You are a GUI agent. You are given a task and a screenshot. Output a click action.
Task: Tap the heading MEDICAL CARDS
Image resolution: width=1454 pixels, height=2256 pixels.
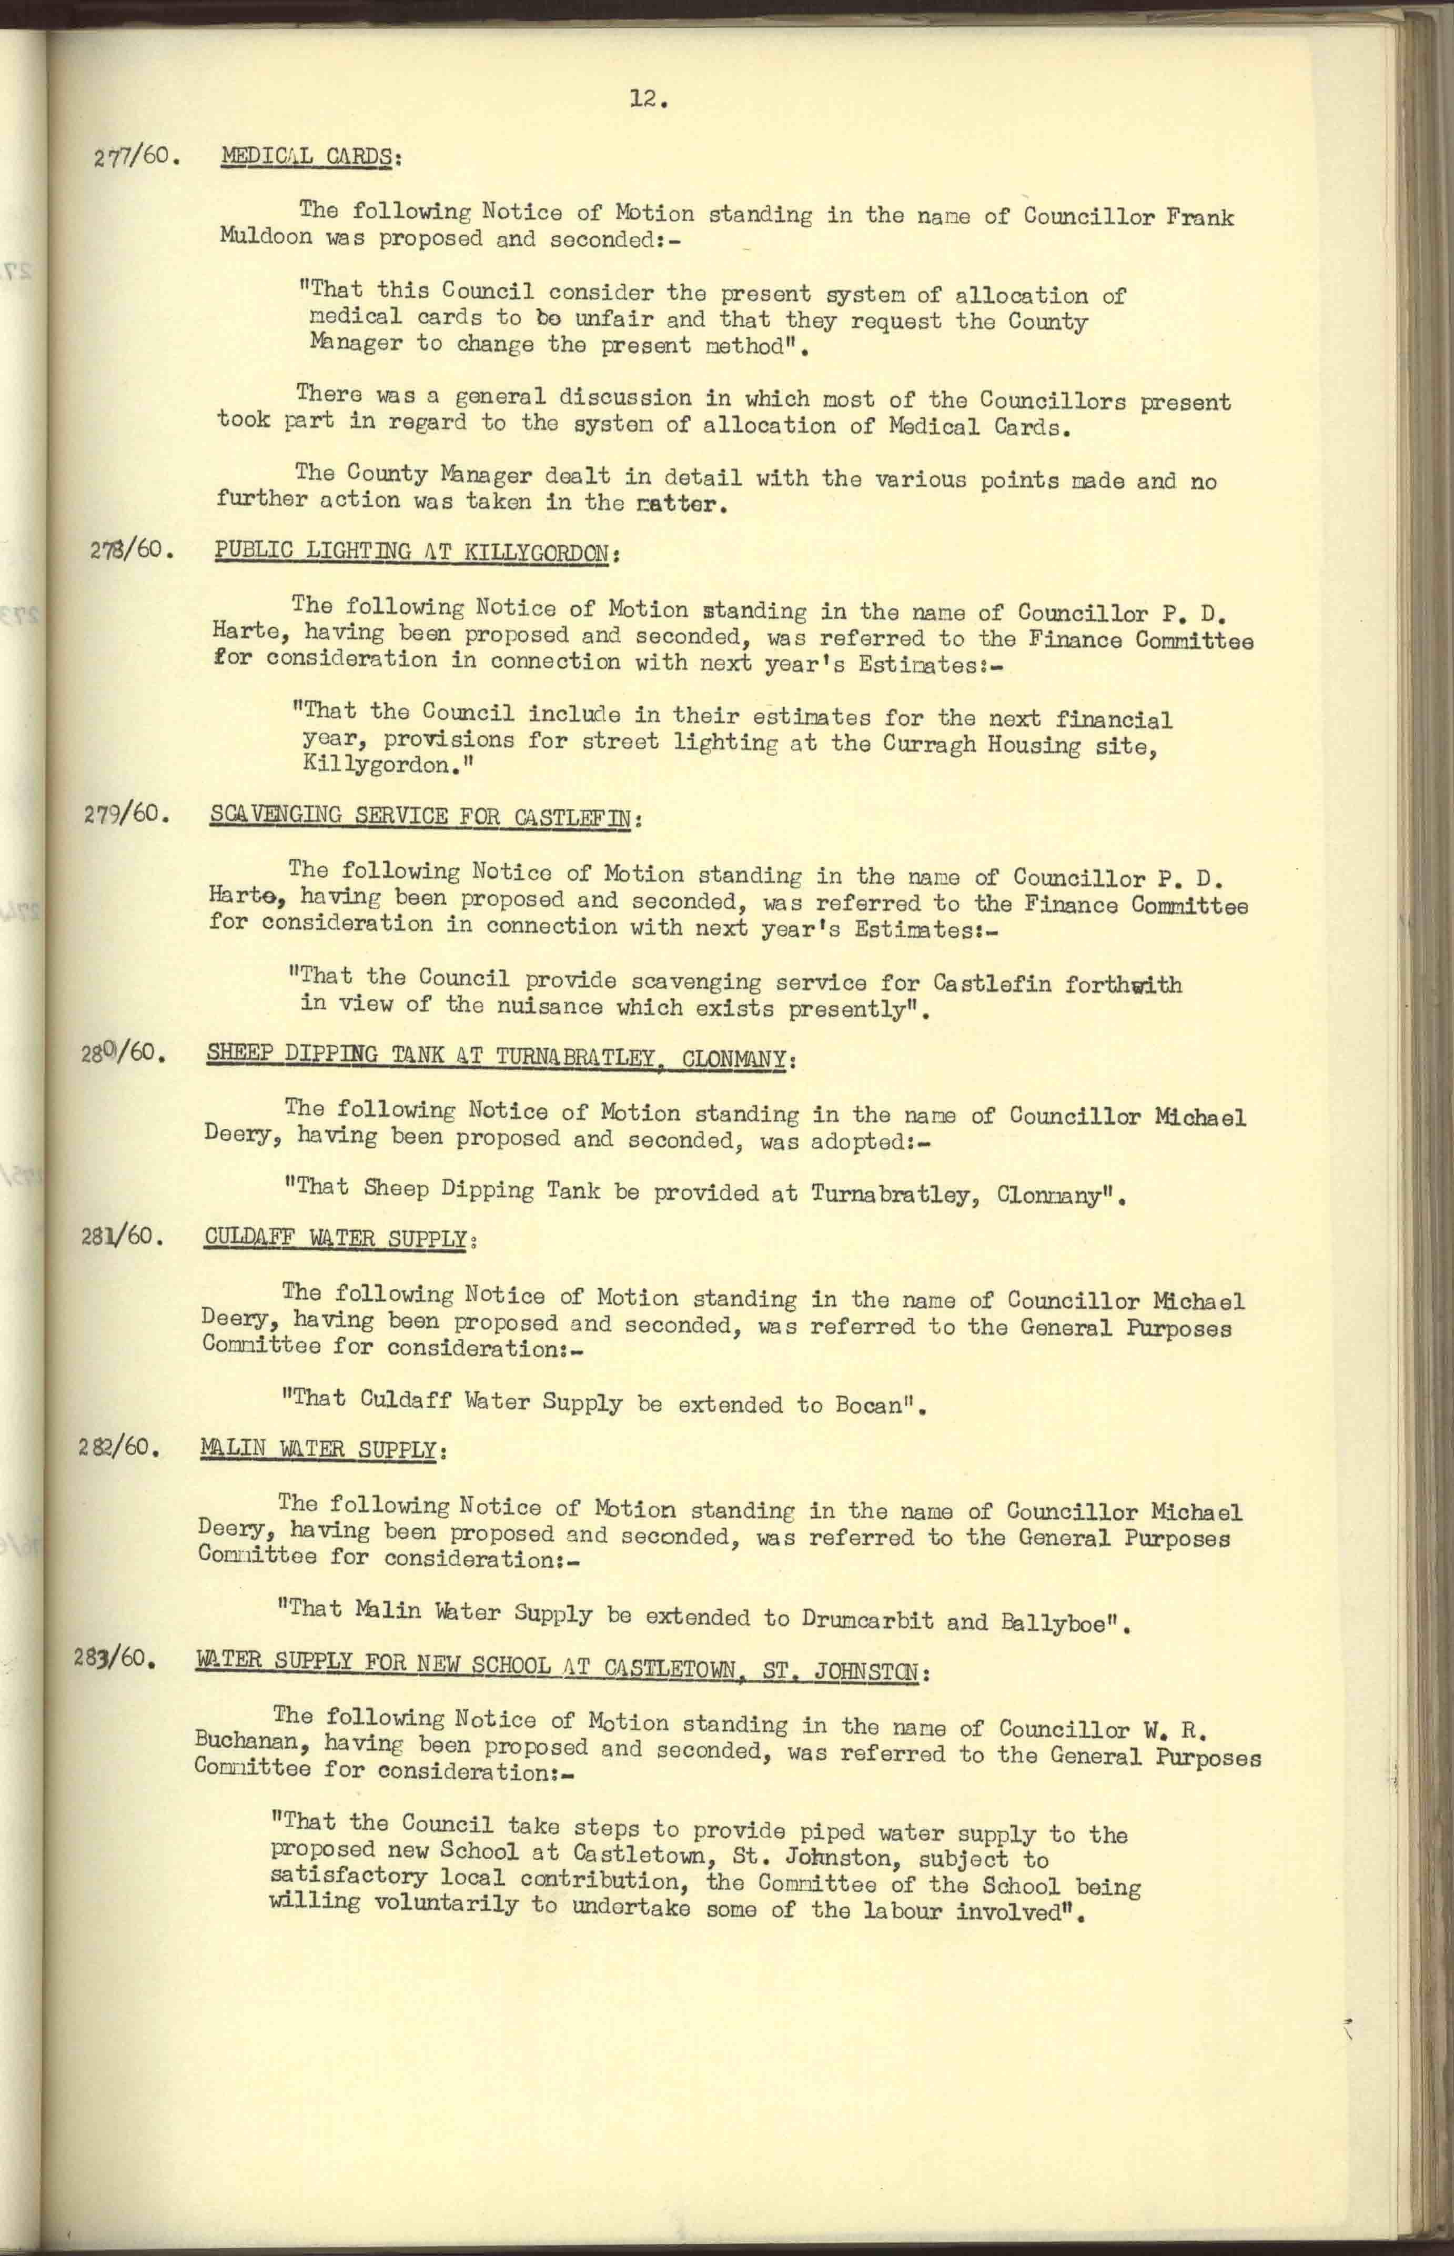310,157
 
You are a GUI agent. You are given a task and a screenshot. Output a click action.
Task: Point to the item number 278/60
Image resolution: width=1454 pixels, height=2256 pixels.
132,549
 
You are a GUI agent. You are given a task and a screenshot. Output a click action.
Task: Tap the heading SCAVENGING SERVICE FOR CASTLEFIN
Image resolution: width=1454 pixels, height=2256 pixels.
425,817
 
